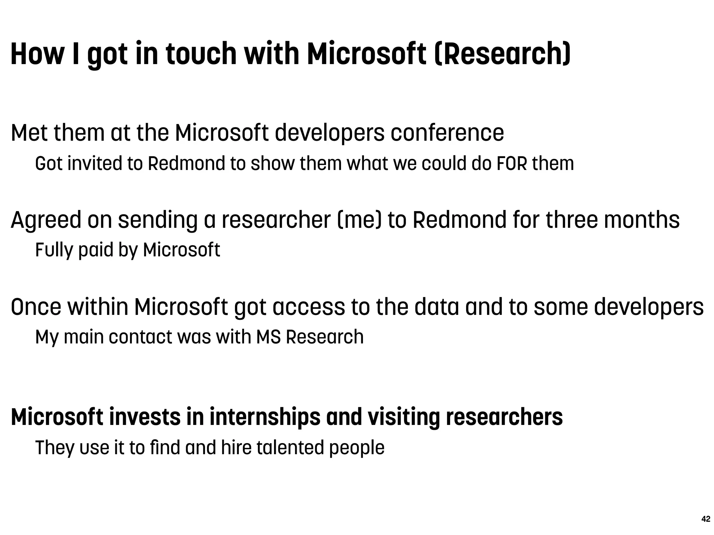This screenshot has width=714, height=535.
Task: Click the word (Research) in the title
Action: tap(502, 54)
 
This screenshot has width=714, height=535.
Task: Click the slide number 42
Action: tap(705, 519)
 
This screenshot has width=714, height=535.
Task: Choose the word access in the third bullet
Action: tap(309, 307)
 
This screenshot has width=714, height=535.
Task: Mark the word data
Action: tap(436, 307)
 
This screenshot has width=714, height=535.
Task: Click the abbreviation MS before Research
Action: tap(268, 337)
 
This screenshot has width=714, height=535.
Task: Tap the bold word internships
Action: tap(265, 417)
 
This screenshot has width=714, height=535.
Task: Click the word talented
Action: tap(290, 448)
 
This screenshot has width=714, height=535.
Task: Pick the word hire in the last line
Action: tap(236, 448)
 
